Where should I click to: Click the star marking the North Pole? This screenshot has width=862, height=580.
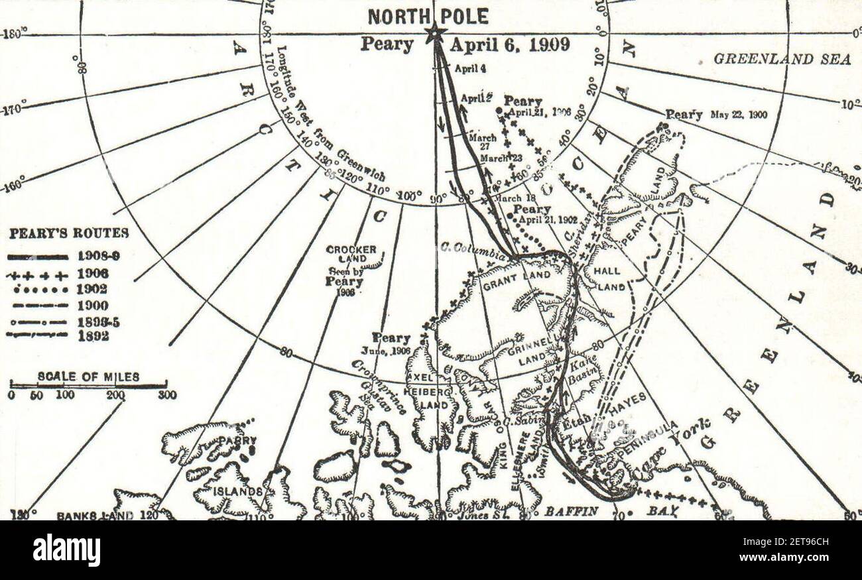pyautogui.click(x=435, y=33)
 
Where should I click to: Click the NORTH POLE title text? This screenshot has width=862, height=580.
pyautogui.click(x=428, y=16)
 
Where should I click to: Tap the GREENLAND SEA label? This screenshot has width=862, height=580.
pyautogui.click(x=782, y=60)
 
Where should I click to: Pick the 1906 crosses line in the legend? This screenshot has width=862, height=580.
pyautogui.click(x=37, y=273)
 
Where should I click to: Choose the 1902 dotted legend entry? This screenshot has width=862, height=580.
pyautogui.click(x=37, y=290)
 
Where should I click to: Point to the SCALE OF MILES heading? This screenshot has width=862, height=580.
pyautogui.click(x=88, y=377)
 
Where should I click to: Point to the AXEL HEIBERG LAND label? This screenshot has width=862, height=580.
pyautogui.click(x=431, y=391)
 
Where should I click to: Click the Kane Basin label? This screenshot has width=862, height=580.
pyautogui.click(x=582, y=369)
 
